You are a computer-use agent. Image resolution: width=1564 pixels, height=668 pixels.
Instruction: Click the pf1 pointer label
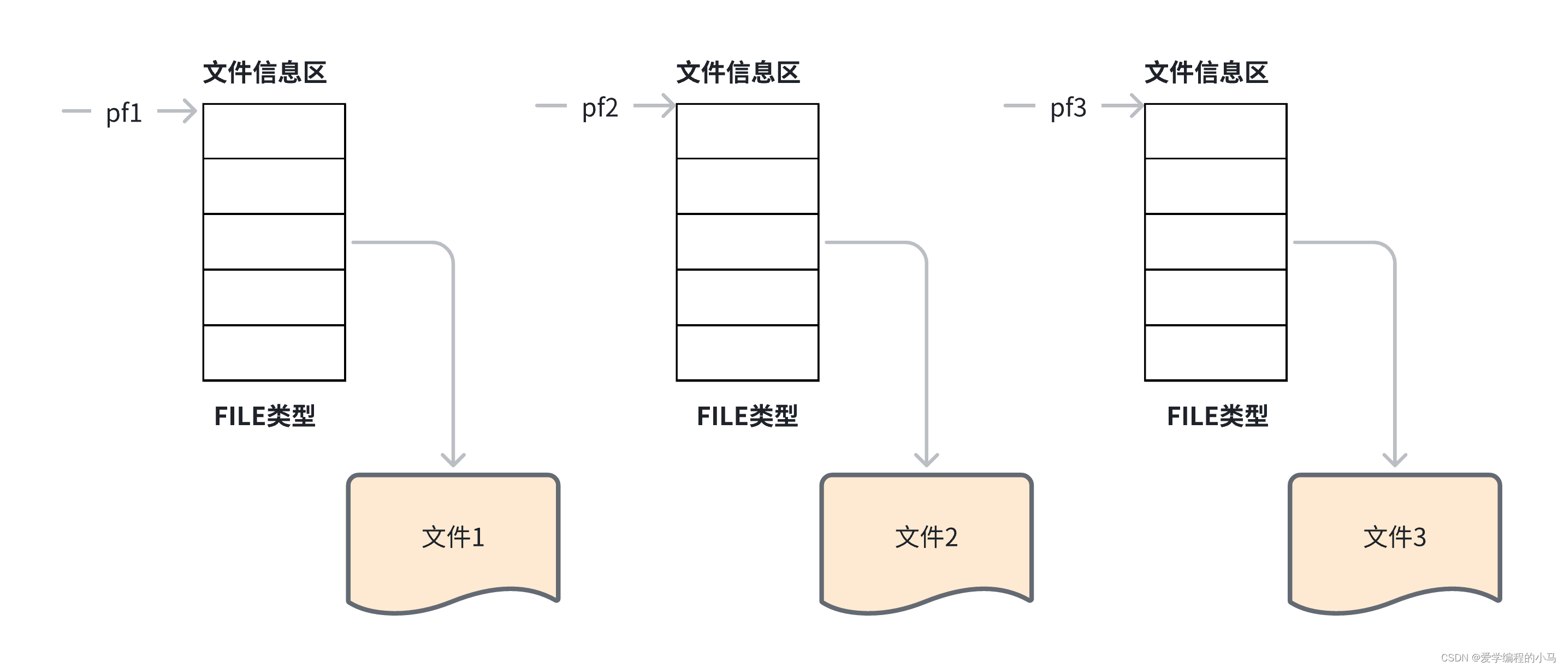point(124,114)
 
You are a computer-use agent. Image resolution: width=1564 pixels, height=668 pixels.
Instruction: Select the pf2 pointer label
point(600,108)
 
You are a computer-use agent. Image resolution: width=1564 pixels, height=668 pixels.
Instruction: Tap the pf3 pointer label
point(1068,108)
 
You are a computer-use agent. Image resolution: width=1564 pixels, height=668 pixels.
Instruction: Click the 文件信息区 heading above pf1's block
point(265,73)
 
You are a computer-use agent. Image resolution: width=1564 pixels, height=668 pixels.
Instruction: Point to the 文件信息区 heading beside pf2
point(738,73)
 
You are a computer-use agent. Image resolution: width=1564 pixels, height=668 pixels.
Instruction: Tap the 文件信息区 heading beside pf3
point(1206,73)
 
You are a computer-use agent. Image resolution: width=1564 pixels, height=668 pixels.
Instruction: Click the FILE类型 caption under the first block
point(265,416)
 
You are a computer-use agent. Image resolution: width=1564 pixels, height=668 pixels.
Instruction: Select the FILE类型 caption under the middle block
point(748,416)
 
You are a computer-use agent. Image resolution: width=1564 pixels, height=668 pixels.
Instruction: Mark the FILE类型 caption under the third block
point(1217,416)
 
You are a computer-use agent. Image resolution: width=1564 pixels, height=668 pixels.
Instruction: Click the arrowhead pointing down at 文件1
point(453,460)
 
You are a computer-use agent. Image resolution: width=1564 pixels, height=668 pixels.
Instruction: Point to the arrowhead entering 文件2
point(927,460)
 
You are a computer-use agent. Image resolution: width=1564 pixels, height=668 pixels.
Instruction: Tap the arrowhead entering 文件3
point(1395,460)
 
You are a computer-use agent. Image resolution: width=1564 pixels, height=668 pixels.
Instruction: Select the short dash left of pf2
point(550,105)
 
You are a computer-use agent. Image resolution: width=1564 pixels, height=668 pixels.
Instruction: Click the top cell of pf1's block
point(274,131)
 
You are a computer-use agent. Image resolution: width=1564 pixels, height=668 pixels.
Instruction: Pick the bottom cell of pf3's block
point(1216,353)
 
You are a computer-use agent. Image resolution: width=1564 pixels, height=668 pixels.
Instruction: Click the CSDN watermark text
point(1498,658)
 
